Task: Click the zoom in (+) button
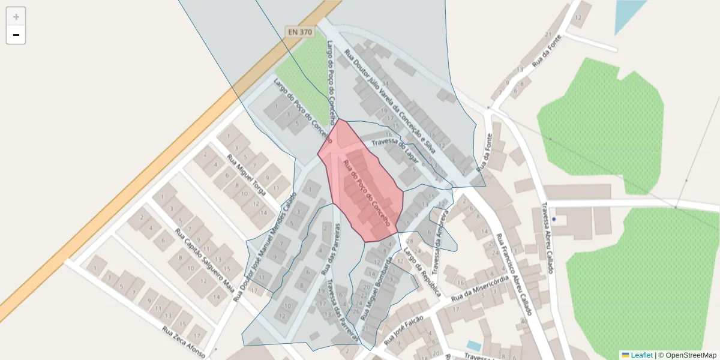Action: point(16,17)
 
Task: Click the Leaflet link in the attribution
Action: point(641,355)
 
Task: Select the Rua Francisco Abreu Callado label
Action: point(512,273)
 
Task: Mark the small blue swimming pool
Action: point(474,346)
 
